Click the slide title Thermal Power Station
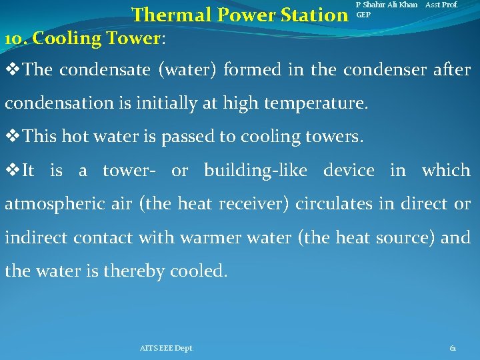(x=236, y=15)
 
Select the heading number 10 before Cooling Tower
(x=15, y=39)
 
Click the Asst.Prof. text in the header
(x=442, y=5)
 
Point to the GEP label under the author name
(x=364, y=15)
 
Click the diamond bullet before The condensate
(x=13, y=69)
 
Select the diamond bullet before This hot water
(x=13, y=137)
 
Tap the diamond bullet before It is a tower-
(x=13, y=171)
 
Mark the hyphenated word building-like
(x=255, y=171)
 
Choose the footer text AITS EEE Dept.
(x=167, y=348)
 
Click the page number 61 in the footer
(x=453, y=348)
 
